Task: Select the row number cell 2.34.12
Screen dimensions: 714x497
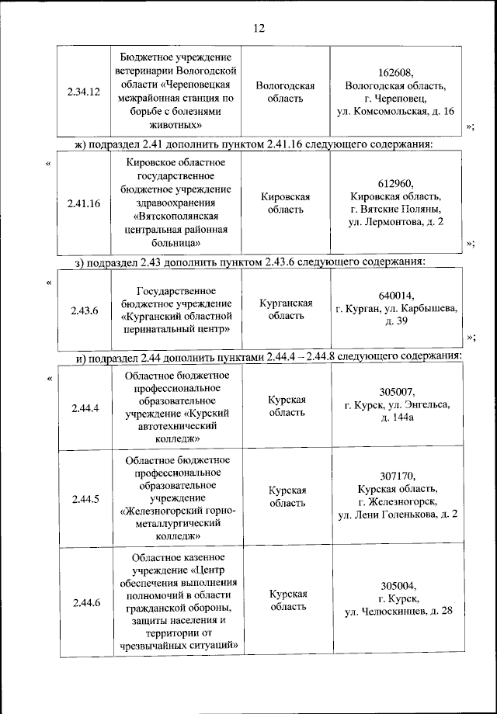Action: [85, 92]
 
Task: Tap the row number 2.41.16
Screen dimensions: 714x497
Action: [85, 203]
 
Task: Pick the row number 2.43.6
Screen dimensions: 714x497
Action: [85, 310]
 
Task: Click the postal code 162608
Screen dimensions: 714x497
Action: [396, 72]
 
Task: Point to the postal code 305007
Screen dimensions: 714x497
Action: [397, 391]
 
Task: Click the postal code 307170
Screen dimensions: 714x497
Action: [397, 476]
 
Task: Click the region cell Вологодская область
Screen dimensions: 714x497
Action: [285, 92]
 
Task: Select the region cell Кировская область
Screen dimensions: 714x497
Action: [285, 203]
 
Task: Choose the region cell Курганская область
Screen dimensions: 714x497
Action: [286, 310]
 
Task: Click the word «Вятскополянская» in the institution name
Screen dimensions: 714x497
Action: [176, 217]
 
